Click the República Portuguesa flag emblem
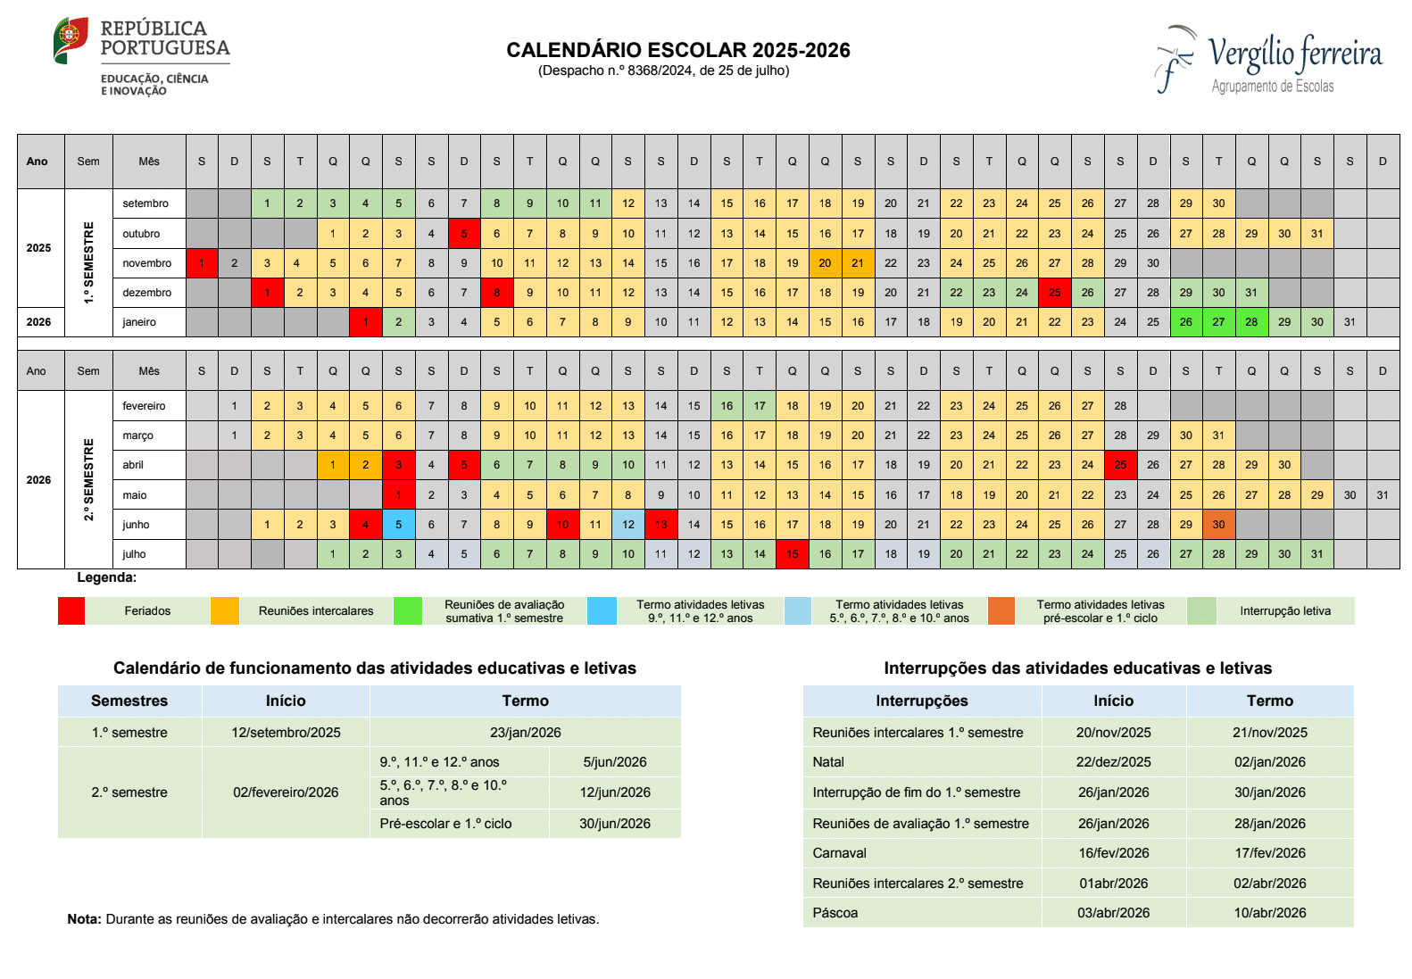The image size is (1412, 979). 71,40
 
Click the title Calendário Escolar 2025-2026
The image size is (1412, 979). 678,50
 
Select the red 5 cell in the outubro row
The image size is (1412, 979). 464,234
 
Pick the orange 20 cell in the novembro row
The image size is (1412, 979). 825,263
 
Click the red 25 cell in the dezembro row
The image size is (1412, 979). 1055,293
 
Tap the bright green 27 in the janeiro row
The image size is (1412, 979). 1218,322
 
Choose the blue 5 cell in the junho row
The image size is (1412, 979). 399,525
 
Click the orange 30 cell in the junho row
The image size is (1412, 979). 1218,525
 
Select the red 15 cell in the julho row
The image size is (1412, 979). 793,554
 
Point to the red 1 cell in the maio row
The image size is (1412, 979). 399,495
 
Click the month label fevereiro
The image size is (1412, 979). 145,406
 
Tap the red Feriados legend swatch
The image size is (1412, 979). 71,611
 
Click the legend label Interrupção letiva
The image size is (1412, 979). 1285,611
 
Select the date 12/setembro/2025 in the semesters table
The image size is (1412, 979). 286,733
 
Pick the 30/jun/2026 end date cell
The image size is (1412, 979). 615,824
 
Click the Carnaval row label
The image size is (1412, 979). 839,853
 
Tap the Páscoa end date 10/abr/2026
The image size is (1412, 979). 1270,913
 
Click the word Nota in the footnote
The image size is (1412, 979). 84,919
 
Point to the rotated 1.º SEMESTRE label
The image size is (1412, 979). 88,263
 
